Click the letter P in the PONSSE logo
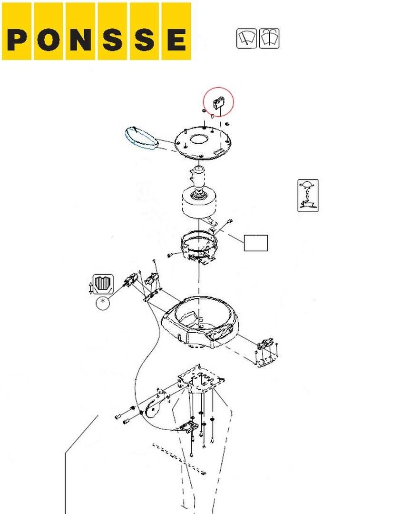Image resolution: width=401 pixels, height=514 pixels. coord(17,40)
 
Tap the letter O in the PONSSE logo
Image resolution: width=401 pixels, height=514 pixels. coord(49,40)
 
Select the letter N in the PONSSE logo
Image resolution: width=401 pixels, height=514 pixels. coord(80,40)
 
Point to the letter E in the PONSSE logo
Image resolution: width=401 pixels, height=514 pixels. coord(176,40)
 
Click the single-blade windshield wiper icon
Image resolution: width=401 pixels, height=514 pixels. coord(246,39)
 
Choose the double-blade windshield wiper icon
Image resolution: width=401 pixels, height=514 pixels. coord(269,39)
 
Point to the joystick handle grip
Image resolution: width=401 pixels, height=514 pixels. coord(198,177)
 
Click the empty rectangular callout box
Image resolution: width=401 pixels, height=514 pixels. coord(256,243)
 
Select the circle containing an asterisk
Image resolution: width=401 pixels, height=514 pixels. coord(103,303)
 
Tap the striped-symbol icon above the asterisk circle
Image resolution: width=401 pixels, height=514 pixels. coord(103,284)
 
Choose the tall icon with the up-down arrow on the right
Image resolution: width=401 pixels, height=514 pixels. coord(308,196)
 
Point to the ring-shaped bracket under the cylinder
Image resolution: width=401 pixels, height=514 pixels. coord(199,246)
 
